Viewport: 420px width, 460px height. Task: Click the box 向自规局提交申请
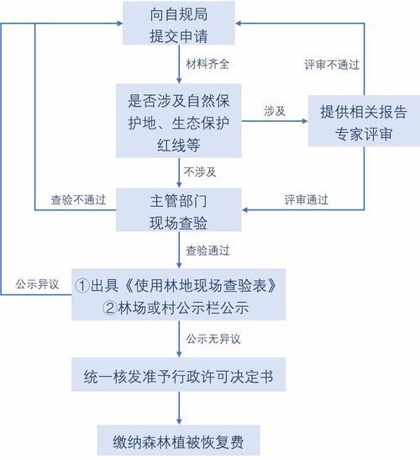tap(179, 24)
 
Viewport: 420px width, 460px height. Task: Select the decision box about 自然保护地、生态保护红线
tap(179, 120)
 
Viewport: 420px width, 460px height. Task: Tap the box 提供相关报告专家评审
tap(364, 121)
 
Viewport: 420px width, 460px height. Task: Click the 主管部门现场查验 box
tap(179, 209)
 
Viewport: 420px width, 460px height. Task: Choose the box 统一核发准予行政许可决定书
tap(178, 374)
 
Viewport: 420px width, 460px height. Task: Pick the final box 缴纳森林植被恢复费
tap(178, 440)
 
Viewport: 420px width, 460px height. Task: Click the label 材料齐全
tap(207, 64)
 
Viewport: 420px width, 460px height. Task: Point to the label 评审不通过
tap(332, 65)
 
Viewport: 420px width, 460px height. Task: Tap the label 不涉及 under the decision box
tap(200, 172)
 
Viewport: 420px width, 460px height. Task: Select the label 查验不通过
tap(78, 200)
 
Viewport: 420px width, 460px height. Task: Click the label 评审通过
tap(306, 200)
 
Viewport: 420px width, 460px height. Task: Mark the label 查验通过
tap(207, 251)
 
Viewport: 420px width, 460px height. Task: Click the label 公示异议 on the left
tap(37, 284)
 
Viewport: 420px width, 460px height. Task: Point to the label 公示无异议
tap(213, 339)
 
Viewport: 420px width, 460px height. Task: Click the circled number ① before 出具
tap(82, 285)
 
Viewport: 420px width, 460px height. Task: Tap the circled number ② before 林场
tap(110, 308)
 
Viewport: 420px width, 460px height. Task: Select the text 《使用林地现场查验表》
tap(201, 285)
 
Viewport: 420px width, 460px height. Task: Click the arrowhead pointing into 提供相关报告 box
tap(305, 121)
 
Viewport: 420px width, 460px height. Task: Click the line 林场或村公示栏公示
tap(176, 308)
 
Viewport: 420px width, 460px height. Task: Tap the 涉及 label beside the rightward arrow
tap(275, 111)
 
